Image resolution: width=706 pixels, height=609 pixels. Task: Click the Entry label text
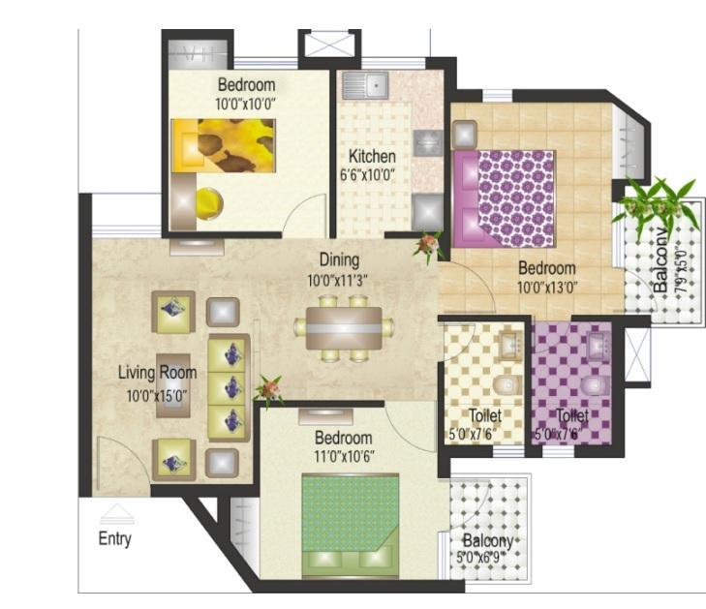[x=115, y=538]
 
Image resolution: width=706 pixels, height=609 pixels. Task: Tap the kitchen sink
[x=365, y=84]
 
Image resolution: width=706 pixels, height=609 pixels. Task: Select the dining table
[x=344, y=328]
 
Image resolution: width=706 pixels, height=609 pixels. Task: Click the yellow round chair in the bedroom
[x=209, y=203]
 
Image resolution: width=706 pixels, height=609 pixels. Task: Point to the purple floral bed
[x=504, y=198]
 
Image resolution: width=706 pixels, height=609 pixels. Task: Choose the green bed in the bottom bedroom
[x=351, y=525]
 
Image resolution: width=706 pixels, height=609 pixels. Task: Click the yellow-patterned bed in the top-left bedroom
[x=223, y=145]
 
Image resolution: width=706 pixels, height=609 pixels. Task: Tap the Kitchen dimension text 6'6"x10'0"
[x=367, y=174]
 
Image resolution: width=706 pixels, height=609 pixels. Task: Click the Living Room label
[x=158, y=373]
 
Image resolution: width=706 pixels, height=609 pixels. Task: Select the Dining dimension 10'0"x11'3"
[x=337, y=281]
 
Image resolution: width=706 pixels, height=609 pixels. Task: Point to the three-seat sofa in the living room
[x=230, y=387]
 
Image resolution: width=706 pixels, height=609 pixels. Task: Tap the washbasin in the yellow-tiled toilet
[x=510, y=346]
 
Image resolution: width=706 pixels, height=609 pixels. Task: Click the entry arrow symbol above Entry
[x=116, y=514]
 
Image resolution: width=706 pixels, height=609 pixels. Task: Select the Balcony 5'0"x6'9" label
[x=485, y=548]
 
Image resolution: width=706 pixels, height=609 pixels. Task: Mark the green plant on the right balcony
[x=657, y=202]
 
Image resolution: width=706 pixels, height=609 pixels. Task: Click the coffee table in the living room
[x=173, y=385]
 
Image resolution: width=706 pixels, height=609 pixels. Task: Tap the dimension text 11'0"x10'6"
[x=344, y=457]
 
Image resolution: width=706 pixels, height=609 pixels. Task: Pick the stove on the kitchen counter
[x=428, y=143]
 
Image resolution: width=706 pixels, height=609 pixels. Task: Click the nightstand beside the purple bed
[x=465, y=135]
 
